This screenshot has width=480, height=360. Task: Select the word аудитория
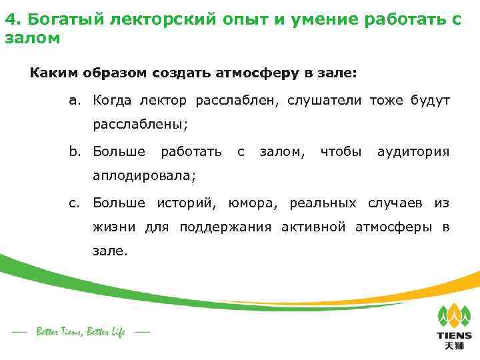413,152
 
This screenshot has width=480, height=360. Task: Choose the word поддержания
226,227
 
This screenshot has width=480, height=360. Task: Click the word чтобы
341,152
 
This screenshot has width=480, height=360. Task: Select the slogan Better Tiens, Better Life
81,331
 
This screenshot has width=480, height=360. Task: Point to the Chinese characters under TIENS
454,347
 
